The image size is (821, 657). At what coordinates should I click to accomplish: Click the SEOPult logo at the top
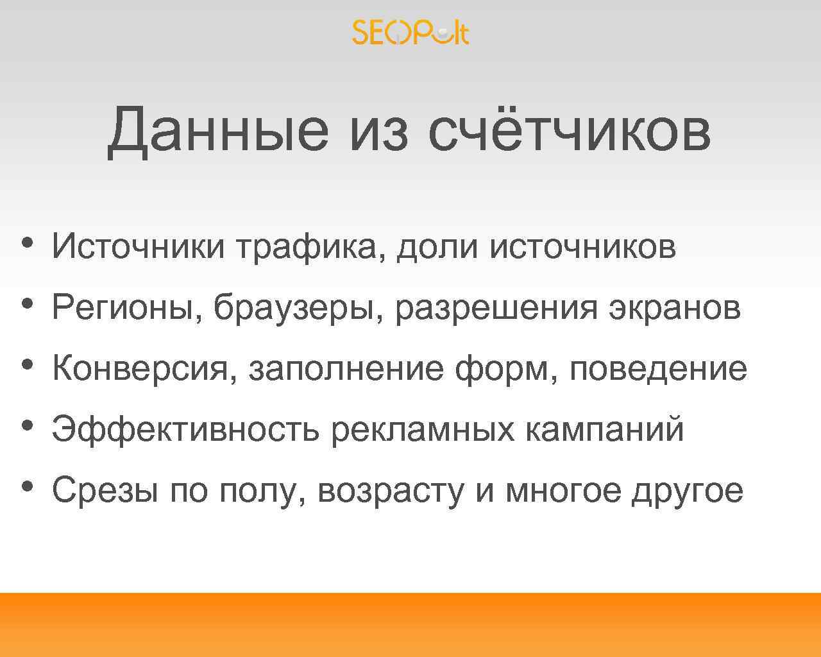click(410, 32)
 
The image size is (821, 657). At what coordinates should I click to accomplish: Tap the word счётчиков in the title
click(569, 130)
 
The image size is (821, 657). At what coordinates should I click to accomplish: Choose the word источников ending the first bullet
click(582, 247)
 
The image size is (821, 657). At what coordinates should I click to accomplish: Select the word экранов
click(674, 308)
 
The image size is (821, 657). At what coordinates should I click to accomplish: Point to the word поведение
click(658, 369)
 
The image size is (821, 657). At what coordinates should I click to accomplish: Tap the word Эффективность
click(185, 429)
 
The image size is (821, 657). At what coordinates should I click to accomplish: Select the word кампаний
click(604, 429)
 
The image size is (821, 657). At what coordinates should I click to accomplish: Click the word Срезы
click(105, 491)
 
